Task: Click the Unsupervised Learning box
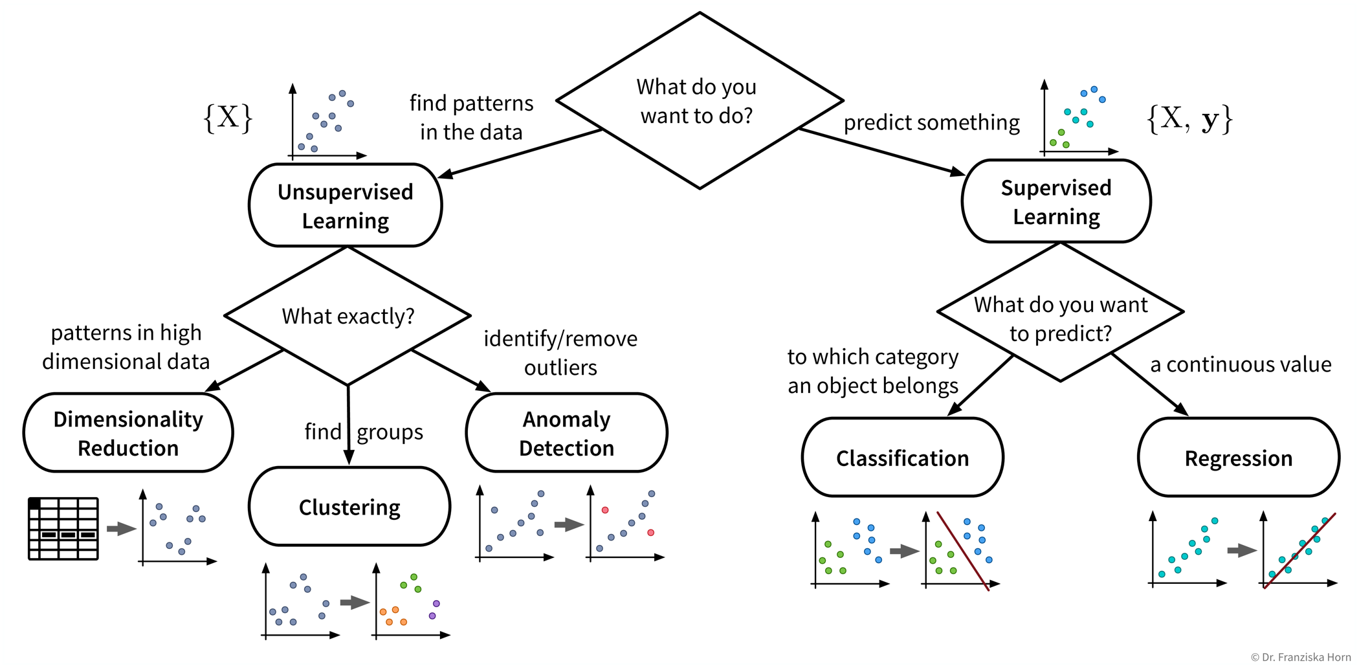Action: click(x=346, y=205)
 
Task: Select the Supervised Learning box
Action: click(x=1056, y=201)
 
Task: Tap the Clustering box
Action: click(x=349, y=507)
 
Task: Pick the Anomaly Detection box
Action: click(x=566, y=433)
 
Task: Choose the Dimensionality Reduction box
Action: click(x=128, y=433)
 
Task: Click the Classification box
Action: click(x=902, y=458)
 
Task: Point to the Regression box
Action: click(x=1238, y=458)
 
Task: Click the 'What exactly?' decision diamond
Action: click(x=348, y=316)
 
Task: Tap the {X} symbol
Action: click(x=228, y=118)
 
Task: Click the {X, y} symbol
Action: click(x=1189, y=119)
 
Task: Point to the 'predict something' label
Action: click(x=931, y=122)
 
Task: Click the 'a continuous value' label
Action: click(x=1241, y=364)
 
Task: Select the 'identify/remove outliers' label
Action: click(x=560, y=353)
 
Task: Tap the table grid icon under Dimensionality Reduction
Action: click(x=63, y=528)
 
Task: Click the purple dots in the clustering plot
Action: click(x=434, y=610)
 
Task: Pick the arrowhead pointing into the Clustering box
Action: click(x=349, y=458)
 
